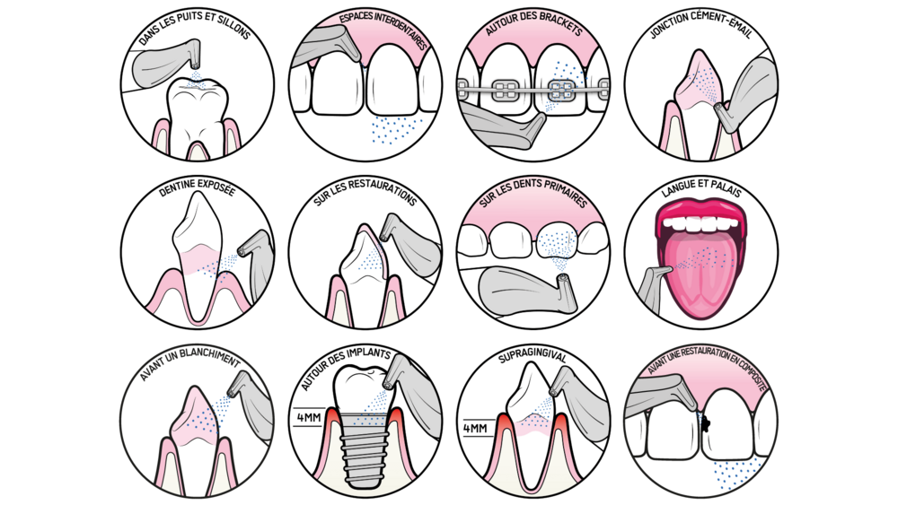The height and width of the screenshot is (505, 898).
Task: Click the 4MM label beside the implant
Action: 309,417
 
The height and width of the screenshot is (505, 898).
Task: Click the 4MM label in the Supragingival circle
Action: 475,429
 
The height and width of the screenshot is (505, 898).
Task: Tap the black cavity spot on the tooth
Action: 706,423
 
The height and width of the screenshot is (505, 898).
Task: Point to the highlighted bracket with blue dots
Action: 561,89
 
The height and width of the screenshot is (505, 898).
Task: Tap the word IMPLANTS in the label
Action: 372,354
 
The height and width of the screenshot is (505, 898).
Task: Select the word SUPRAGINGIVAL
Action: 532,357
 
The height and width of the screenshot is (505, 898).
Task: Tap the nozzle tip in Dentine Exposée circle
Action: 242,249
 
